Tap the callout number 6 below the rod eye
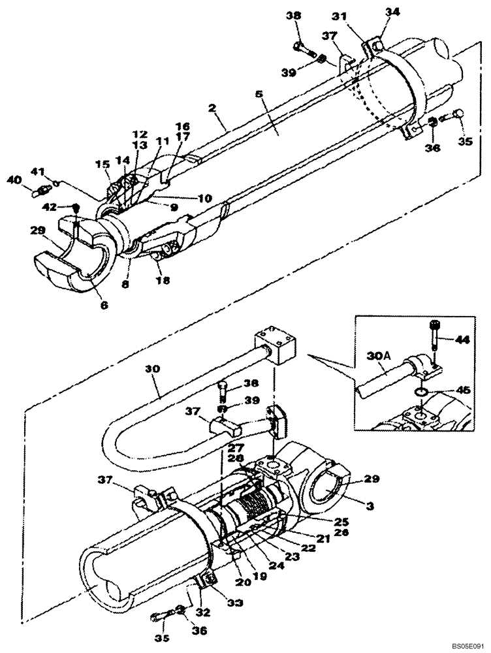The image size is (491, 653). tap(104, 305)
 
